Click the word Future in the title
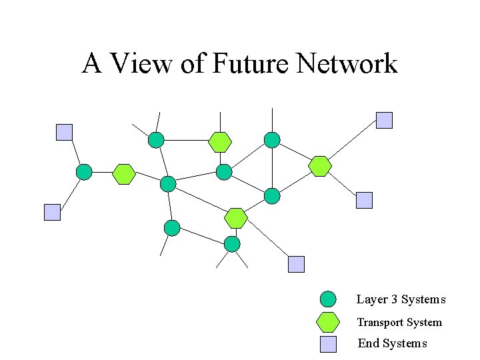click(x=251, y=64)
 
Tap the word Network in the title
click(x=347, y=64)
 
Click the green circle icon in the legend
click(x=328, y=299)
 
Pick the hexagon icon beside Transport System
click(x=328, y=322)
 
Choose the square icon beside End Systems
click(x=328, y=344)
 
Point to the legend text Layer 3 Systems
click(x=401, y=300)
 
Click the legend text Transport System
click(x=399, y=323)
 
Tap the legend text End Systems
click(x=392, y=344)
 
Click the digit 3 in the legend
click(x=394, y=300)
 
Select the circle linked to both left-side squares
click(x=84, y=172)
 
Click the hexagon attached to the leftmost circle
click(x=124, y=174)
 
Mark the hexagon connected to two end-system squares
click(x=321, y=166)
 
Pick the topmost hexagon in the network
click(x=219, y=142)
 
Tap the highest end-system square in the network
click(x=385, y=120)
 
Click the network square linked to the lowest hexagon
click(x=296, y=264)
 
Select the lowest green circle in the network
click(x=232, y=244)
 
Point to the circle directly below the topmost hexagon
click(x=224, y=172)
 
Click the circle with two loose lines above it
click(x=155, y=139)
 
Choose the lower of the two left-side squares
click(x=52, y=212)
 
